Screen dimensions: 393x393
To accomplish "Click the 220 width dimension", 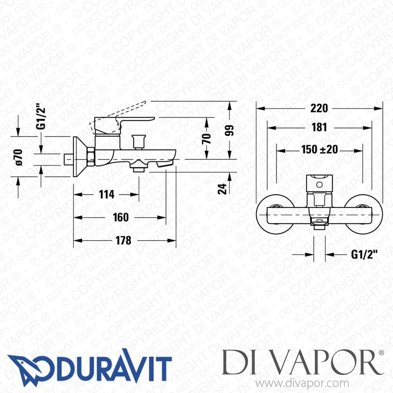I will (x=319, y=108).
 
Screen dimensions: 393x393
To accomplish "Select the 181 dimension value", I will (x=319, y=127).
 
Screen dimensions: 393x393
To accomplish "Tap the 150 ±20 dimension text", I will (x=319, y=150).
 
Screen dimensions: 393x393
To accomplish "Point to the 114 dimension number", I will (x=107, y=194).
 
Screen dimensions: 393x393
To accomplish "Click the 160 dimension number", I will (x=121, y=217).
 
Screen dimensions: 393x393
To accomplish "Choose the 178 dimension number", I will (x=123, y=240).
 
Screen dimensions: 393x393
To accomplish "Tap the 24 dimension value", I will (x=222, y=189).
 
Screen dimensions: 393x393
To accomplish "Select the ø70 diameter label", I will (x=19, y=157).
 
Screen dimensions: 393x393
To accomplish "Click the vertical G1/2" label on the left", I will (x=41, y=118).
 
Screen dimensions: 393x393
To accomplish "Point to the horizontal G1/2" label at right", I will (x=364, y=254).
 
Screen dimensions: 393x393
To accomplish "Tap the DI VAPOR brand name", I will (x=303, y=363).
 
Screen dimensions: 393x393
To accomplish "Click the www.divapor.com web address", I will (x=302, y=383).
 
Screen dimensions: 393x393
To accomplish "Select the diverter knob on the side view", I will (x=139, y=141).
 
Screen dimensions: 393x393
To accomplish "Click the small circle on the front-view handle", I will (x=319, y=185).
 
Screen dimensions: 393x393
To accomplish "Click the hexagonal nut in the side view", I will (x=91, y=157).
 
